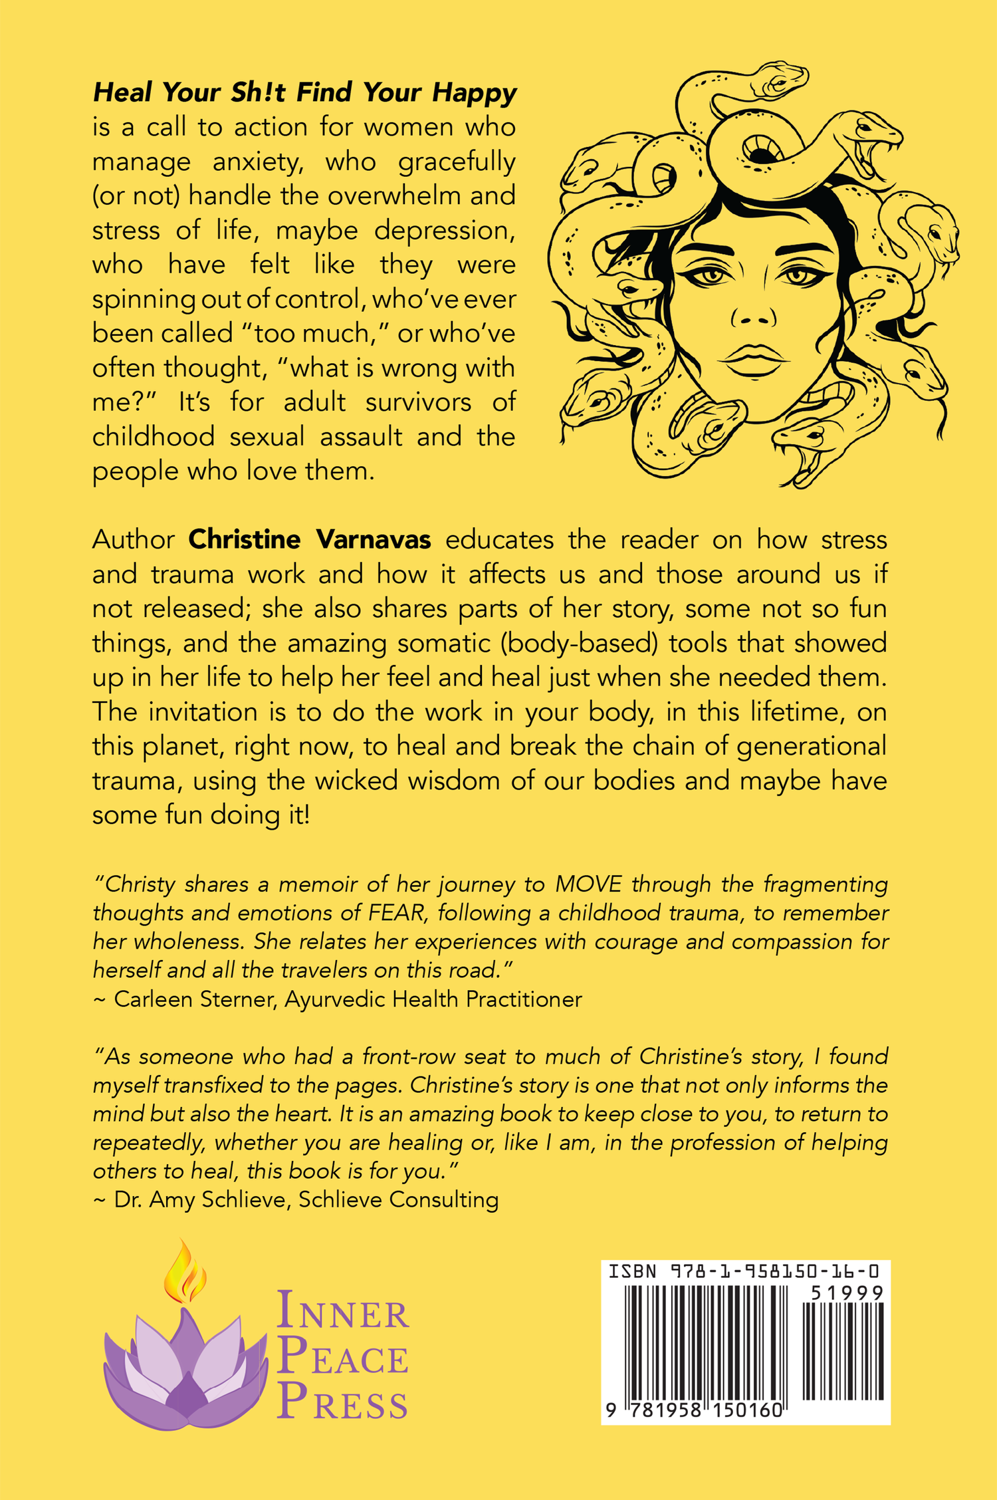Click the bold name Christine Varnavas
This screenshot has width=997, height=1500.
[309, 540]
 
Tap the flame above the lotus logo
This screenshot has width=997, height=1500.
[185, 1273]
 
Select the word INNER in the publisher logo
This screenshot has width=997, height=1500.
[342, 1311]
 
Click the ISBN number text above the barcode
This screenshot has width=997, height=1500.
[744, 1272]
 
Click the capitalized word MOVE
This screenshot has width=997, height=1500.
[588, 885]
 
